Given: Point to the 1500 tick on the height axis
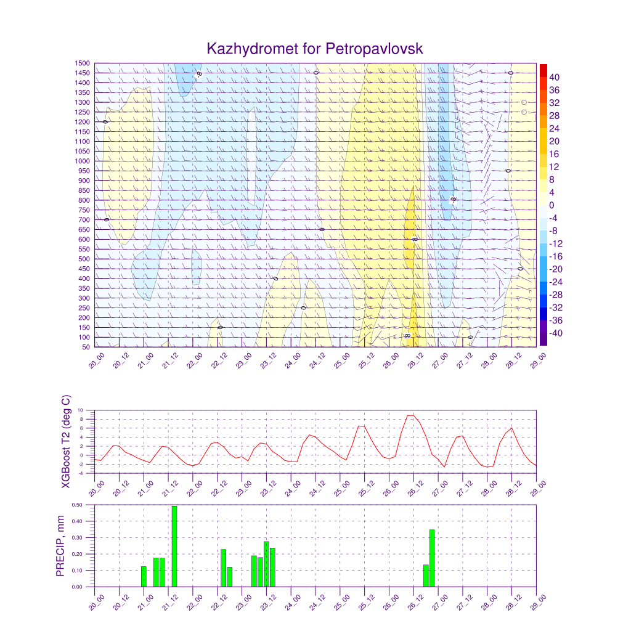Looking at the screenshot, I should click(83, 63).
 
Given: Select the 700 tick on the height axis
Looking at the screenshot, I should click(84, 220).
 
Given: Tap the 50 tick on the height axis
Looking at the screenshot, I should click(86, 347).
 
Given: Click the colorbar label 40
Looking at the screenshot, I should click(555, 77).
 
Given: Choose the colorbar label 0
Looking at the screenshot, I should click(552, 205).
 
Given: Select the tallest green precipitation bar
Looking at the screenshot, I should click(174, 546).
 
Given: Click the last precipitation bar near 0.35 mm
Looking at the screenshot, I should click(432, 558).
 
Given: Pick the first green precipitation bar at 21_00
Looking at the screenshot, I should click(144, 576).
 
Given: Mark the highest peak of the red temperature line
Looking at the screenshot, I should click(410, 415).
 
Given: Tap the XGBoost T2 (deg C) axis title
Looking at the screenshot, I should click(67, 442).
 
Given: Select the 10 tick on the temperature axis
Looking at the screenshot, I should click(80, 410).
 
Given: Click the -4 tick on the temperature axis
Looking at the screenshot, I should click(80, 473).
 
